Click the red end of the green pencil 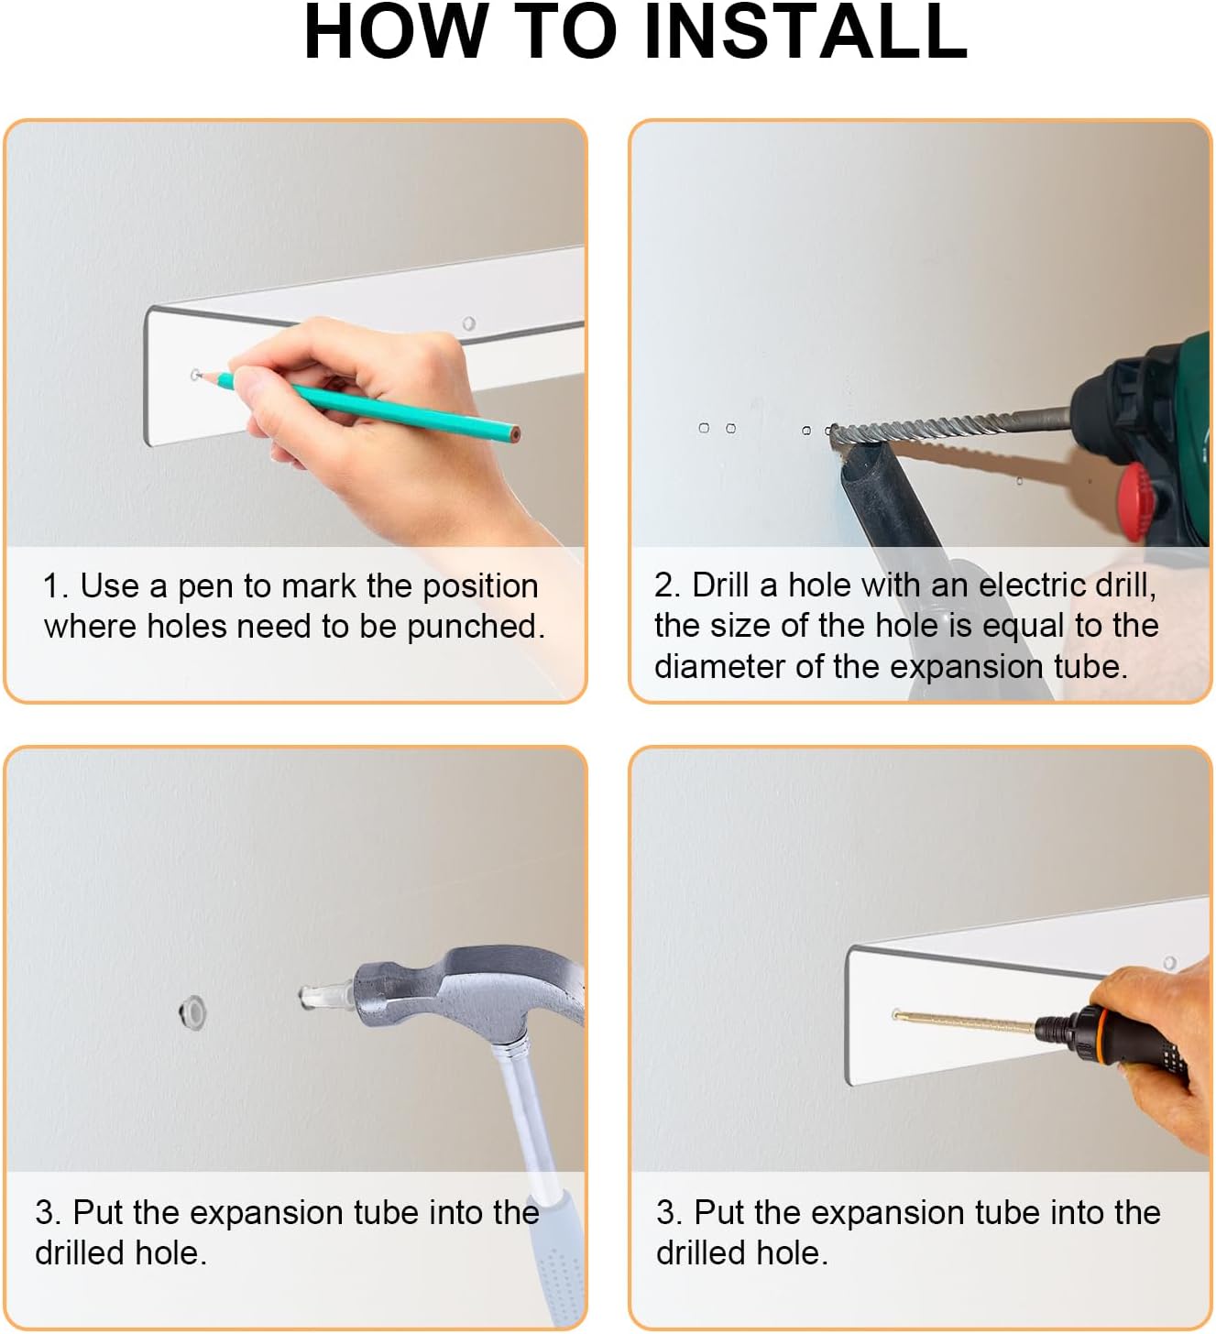(515, 434)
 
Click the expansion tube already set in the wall (192, 1012)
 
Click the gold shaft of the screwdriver (964, 1022)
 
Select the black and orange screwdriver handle (1111, 1040)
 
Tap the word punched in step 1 (476, 627)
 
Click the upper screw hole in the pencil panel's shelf (468, 323)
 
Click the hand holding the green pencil (373, 412)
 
